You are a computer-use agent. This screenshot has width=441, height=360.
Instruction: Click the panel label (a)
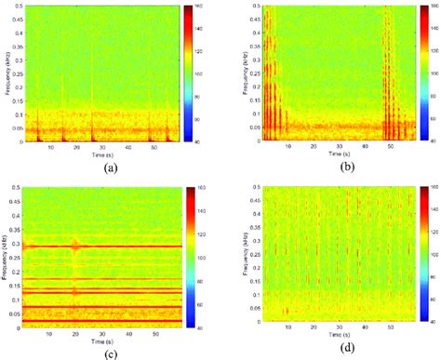click(x=112, y=167)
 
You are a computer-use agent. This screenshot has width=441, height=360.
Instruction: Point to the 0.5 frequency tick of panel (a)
click(x=20, y=7)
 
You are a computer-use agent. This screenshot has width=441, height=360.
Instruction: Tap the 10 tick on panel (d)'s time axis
click(x=289, y=330)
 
